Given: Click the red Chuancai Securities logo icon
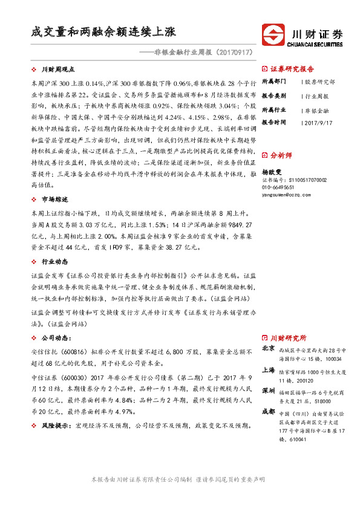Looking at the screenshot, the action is pos(272,34).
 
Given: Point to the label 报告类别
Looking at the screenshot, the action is pos(274,96).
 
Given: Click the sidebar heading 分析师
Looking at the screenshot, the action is pos(281,155).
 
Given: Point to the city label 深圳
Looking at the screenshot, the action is pos(269,391).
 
